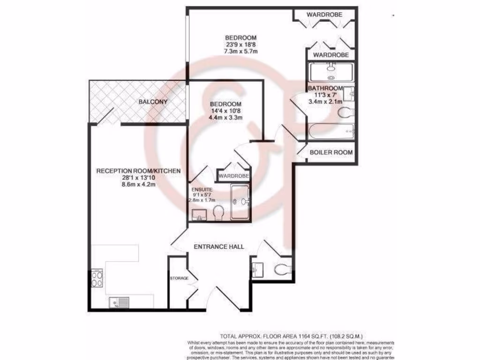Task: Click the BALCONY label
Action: pos(153,101)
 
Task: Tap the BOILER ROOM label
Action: pos(330,152)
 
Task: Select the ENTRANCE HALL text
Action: pos(219,247)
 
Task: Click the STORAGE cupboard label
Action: pos(179,278)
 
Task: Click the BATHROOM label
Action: pos(325,88)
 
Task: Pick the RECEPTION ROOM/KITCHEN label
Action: pos(138,171)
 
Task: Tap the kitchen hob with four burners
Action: pos(97,279)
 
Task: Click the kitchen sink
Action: pos(120,302)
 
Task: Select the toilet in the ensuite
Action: pos(217,213)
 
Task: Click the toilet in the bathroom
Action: pos(346,112)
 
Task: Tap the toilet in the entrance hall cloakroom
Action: pos(283,269)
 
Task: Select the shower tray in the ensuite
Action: pos(241,202)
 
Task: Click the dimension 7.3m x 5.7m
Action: pos(241,51)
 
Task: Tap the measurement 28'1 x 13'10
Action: pos(138,178)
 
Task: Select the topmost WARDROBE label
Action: pos(324,15)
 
